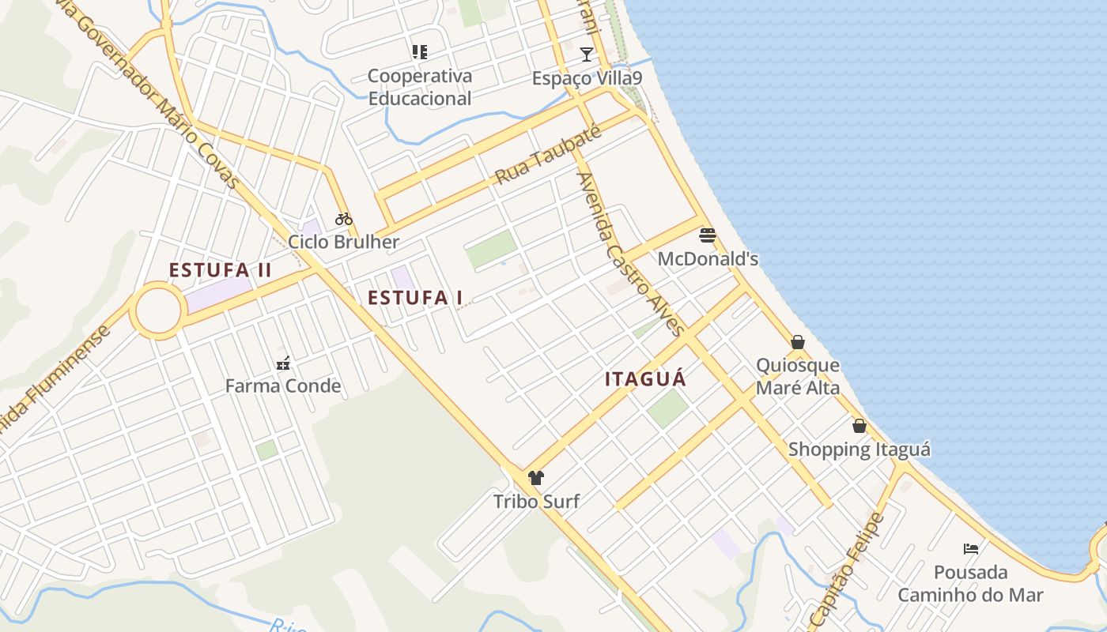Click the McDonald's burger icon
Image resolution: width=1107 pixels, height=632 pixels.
(x=708, y=235)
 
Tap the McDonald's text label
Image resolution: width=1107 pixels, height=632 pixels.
(x=708, y=259)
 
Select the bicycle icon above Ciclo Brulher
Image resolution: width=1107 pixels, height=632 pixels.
(x=343, y=219)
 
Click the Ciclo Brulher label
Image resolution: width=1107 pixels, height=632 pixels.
(x=343, y=242)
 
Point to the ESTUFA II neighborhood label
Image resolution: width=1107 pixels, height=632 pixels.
(x=220, y=270)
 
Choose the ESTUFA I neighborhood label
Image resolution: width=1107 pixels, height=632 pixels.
(x=415, y=298)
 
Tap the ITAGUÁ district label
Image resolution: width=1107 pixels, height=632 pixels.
(x=645, y=379)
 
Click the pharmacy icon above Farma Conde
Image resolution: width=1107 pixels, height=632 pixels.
(x=283, y=363)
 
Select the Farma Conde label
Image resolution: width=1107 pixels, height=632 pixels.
(x=283, y=386)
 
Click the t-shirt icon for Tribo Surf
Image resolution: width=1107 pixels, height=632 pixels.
(x=536, y=477)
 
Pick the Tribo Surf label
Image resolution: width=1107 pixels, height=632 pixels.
(x=536, y=502)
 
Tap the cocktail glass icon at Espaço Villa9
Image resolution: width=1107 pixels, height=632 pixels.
(x=586, y=55)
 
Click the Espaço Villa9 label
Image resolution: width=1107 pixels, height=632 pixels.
(x=587, y=78)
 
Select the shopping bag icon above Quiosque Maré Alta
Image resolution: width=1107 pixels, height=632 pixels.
(x=798, y=342)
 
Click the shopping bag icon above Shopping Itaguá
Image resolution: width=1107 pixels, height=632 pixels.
(x=859, y=426)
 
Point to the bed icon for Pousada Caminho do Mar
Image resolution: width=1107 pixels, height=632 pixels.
(x=970, y=548)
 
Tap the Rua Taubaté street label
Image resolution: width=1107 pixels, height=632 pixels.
(x=548, y=155)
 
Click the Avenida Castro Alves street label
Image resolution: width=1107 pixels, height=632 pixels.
(x=630, y=254)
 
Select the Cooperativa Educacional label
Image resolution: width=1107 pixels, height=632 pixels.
(x=420, y=87)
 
